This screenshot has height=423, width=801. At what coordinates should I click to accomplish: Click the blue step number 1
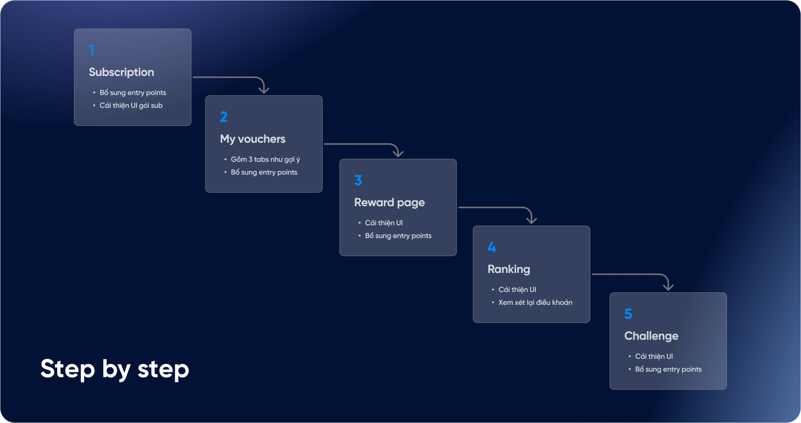pos(92,50)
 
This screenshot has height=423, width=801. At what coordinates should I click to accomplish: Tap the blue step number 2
pos(224,117)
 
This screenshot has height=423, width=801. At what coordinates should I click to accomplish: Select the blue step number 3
pos(358,180)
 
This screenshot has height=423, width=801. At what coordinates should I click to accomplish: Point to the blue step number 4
pos(492,247)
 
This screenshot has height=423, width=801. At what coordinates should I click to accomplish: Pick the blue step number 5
pos(628,314)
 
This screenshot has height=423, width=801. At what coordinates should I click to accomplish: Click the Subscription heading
pos(121,72)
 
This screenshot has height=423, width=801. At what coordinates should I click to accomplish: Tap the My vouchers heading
pos(253,139)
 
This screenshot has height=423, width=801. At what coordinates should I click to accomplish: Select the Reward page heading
pos(389,203)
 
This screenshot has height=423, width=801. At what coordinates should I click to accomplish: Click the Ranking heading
pos(509,269)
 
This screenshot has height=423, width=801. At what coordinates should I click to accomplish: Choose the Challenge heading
pos(651,336)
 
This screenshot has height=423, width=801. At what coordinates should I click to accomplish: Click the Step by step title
pos(115,369)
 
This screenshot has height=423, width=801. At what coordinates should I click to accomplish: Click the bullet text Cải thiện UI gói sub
pos(131,106)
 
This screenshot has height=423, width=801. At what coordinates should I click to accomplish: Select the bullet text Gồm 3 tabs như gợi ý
pos(265,160)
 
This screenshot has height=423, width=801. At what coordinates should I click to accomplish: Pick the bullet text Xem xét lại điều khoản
pos(535,303)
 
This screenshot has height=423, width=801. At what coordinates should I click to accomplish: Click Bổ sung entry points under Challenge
pos(668,369)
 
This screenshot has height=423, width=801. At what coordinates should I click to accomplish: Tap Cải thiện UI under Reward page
pos(383,223)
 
